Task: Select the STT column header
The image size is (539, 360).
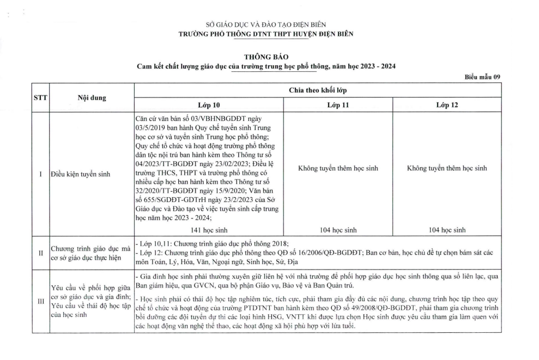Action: [40, 98]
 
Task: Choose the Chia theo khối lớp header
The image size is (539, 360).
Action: [317, 90]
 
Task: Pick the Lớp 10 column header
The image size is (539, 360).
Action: [209, 105]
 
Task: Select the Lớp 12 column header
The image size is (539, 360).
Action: [446, 105]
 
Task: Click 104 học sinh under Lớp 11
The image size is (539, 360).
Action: [338, 230]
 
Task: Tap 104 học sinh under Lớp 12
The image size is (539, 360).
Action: [446, 230]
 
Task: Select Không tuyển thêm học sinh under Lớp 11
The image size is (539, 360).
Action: [338, 168]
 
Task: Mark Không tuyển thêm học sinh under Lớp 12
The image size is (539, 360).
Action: [446, 168]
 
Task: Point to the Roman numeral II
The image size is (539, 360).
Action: [40, 253]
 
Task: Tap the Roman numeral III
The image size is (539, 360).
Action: [40, 301]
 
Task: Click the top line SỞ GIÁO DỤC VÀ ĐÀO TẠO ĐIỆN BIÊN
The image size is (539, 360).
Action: [266, 25]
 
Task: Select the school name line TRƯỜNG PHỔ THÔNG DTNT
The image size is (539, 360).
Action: [266, 34]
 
